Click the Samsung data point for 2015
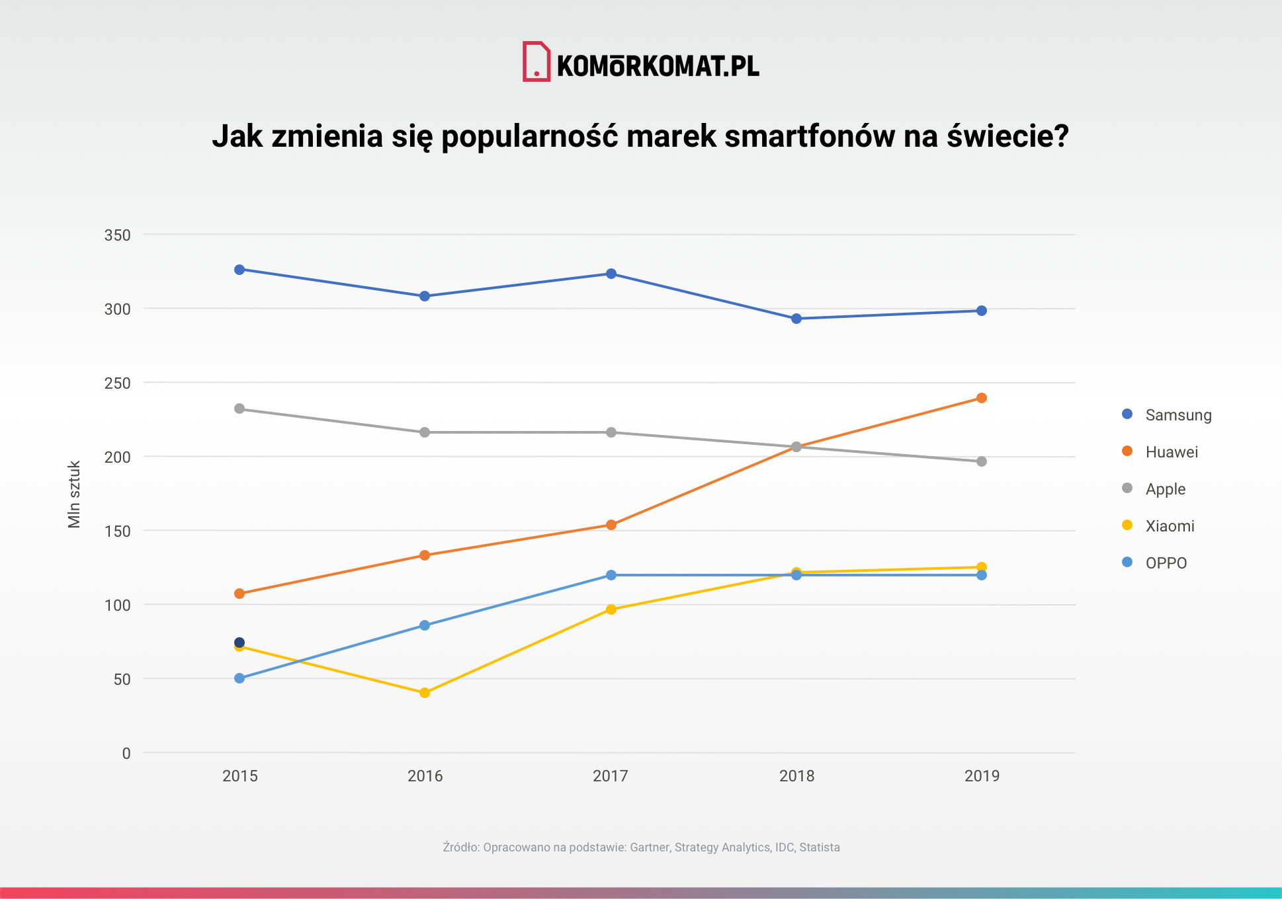tap(239, 270)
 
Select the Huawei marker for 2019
tap(982, 398)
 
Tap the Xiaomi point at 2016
tap(425, 693)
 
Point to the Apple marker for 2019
tap(982, 461)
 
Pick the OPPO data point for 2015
tap(239, 678)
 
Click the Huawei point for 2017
tap(611, 525)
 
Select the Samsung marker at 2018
tap(796, 319)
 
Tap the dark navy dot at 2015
tap(239, 643)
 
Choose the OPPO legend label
tap(1166, 563)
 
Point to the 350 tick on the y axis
tap(118, 235)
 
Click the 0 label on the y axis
tap(126, 754)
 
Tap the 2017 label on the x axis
tap(610, 776)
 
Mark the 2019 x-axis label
tap(982, 776)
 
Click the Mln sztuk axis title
tap(74, 494)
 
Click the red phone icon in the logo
tap(536, 62)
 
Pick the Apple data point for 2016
tap(425, 432)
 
